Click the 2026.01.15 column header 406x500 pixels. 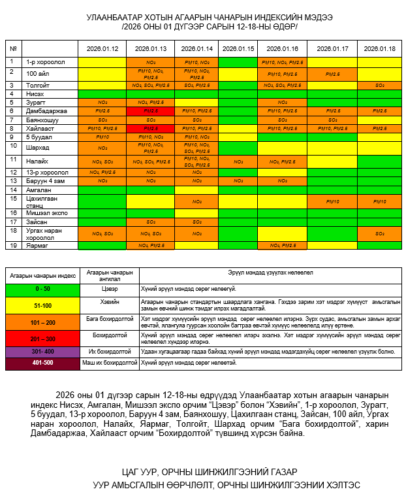[238, 49]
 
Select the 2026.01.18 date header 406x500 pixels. [379, 49]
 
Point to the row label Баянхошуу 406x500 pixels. [42, 120]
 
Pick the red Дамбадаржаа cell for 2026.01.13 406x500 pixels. [151, 111]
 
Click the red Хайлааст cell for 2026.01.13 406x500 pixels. [151, 129]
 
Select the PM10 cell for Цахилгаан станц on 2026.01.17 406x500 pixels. [332, 201]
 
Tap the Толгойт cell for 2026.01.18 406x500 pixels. [379, 86]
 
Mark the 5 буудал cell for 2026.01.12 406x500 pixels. [102, 137]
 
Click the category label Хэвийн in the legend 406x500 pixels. [109, 301]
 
